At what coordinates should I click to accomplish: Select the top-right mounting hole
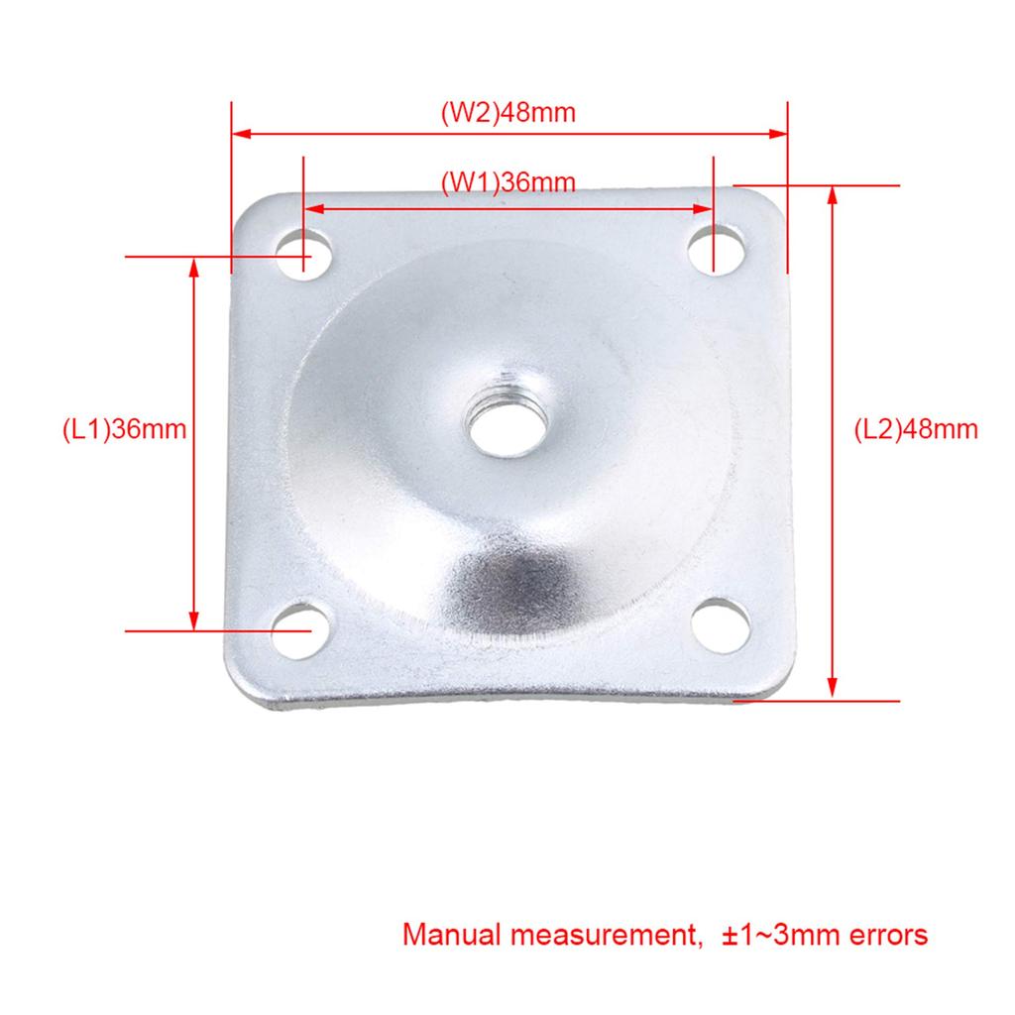pyautogui.click(x=718, y=249)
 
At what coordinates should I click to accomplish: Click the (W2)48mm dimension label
pyautogui.click(x=507, y=112)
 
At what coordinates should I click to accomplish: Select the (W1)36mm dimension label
pyautogui.click(x=507, y=182)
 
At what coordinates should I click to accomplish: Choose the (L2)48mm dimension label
pyautogui.click(x=916, y=429)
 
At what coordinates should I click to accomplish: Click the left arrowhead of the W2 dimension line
pyautogui.click(x=240, y=133)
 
